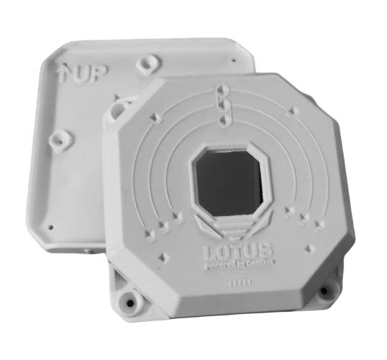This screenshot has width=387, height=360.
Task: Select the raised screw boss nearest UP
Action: (x=147, y=63)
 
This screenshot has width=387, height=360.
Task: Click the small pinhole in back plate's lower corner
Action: (x=53, y=225)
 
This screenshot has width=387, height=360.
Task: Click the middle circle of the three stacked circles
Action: (x=222, y=104)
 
